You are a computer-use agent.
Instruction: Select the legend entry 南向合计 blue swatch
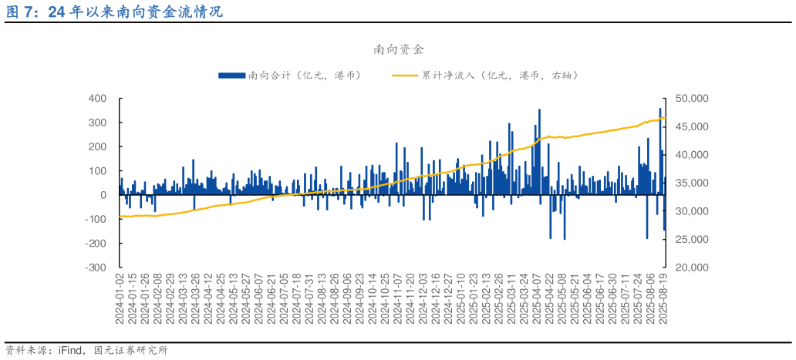click(231, 76)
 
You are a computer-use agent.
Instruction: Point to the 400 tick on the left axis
click(97, 99)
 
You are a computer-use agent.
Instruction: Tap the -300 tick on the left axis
click(96, 267)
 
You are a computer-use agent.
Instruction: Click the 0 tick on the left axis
click(103, 195)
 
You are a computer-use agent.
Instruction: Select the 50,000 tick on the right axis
click(691, 99)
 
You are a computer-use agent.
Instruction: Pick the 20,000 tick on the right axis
click(691, 267)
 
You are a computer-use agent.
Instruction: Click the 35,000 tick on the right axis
click(691, 183)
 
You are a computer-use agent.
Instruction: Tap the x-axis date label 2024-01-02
click(120, 299)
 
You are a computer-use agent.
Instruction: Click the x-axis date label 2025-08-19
click(662, 299)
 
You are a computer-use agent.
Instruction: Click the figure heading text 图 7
click(19, 12)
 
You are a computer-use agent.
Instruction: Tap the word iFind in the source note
click(72, 351)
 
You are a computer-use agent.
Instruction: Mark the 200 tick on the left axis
click(97, 146)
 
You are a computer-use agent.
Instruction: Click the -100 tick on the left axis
click(96, 220)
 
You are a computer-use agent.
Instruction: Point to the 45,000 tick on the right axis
click(691, 127)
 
